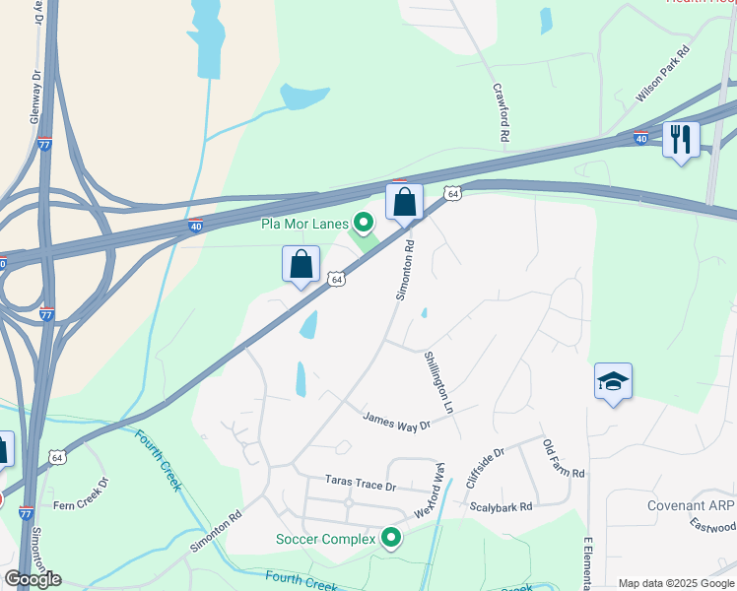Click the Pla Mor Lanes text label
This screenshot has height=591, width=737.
pyautogui.click(x=304, y=224)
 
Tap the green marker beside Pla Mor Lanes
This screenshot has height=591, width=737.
pyautogui.click(x=365, y=224)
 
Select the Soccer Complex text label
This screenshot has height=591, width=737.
pyautogui.click(x=325, y=539)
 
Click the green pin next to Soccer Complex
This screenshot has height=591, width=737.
pyautogui.click(x=391, y=538)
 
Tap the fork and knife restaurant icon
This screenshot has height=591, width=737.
pyautogui.click(x=680, y=139)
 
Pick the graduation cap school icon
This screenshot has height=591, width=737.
pyautogui.click(x=613, y=382)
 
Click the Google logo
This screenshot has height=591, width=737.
pyautogui.click(x=33, y=579)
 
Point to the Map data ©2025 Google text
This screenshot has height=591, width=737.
pyautogui.click(x=675, y=583)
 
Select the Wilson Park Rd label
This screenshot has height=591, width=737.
pyautogui.click(x=662, y=74)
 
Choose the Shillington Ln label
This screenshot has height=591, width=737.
pyautogui.click(x=439, y=382)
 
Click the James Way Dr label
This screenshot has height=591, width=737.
pyautogui.click(x=397, y=421)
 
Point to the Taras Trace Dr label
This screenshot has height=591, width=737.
pyautogui.click(x=361, y=485)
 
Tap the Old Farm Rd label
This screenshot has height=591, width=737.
pyautogui.click(x=565, y=459)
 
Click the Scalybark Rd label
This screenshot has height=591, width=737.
pyautogui.click(x=501, y=506)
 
